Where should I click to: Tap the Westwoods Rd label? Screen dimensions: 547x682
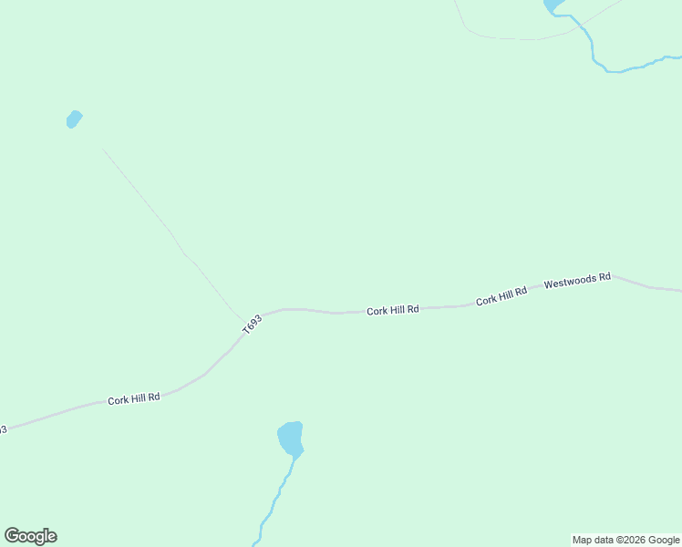pos(577,281)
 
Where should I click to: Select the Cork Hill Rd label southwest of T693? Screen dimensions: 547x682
pos(134,398)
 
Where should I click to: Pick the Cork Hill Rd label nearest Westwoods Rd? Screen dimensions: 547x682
pos(501,295)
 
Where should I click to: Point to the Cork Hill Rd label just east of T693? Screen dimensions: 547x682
pos(393,310)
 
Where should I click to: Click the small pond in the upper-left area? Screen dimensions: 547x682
pos(74,119)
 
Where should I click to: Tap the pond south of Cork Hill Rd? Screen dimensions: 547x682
pos(290,438)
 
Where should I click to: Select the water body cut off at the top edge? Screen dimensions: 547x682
pos(553,5)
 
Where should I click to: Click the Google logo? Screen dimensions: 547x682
pos(31,536)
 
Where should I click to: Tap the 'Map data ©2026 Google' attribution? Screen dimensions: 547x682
pos(626,540)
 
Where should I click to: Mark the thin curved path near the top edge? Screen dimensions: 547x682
pos(511,38)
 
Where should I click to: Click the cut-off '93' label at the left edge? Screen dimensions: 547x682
pos(3,428)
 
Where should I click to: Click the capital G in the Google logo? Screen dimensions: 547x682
pos(13,536)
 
